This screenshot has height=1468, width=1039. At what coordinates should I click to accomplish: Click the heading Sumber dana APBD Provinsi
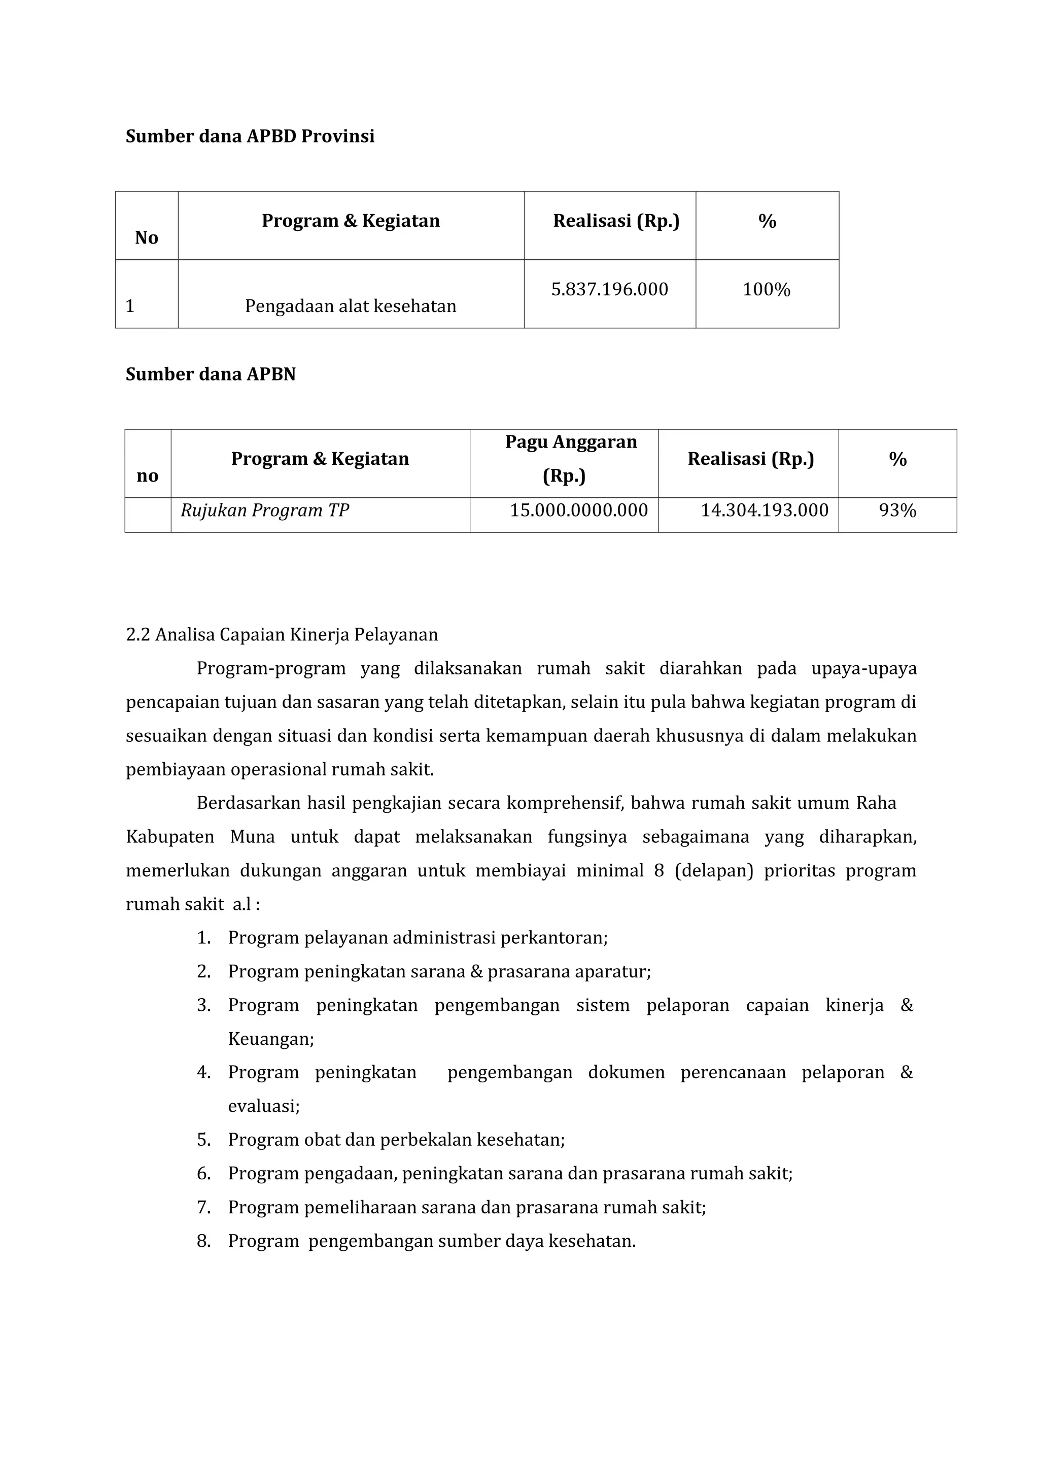[x=250, y=136]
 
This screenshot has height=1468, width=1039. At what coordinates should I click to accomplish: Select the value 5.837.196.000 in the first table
[x=609, y=289]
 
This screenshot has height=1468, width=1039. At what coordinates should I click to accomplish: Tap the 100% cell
[x=767, y=289]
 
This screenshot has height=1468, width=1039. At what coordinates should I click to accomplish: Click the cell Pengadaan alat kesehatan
[x=351, y=306]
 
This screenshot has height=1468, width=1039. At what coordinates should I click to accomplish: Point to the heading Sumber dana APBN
[x=211, y=374]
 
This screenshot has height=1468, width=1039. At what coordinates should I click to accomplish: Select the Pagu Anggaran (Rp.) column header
[x=571, y=458]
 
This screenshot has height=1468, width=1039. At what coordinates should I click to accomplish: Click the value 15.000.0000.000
[x=578, y=510]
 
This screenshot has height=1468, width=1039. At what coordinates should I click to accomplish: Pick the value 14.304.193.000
[x=764, y=510]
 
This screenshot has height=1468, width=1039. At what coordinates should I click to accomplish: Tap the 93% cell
[x=897, y=510]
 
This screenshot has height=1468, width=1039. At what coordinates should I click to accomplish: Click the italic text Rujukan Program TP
[x=265, y=510]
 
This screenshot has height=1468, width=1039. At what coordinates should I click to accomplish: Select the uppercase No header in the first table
[x=147, y=237]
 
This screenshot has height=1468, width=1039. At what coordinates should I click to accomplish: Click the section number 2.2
[x=137, y=635]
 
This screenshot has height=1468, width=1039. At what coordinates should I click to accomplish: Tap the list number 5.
[x=203, y=1140]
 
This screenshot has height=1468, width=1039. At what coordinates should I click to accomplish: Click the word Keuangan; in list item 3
[x=270, y=1039]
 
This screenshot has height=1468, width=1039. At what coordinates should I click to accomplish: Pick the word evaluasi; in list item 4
[x=264, y=1106]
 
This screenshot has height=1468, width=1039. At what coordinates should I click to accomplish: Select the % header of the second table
[x=897, y=459]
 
